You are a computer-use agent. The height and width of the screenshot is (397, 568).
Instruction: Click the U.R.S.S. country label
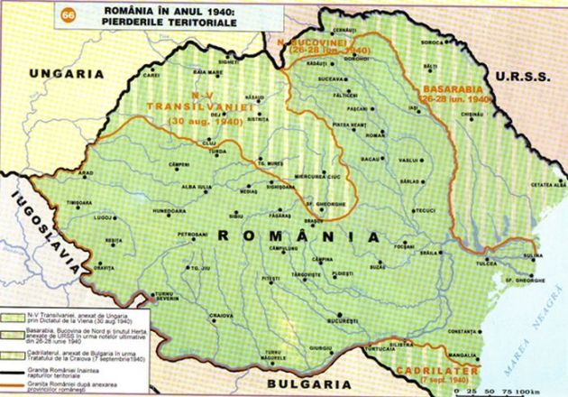pos(533,78)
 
